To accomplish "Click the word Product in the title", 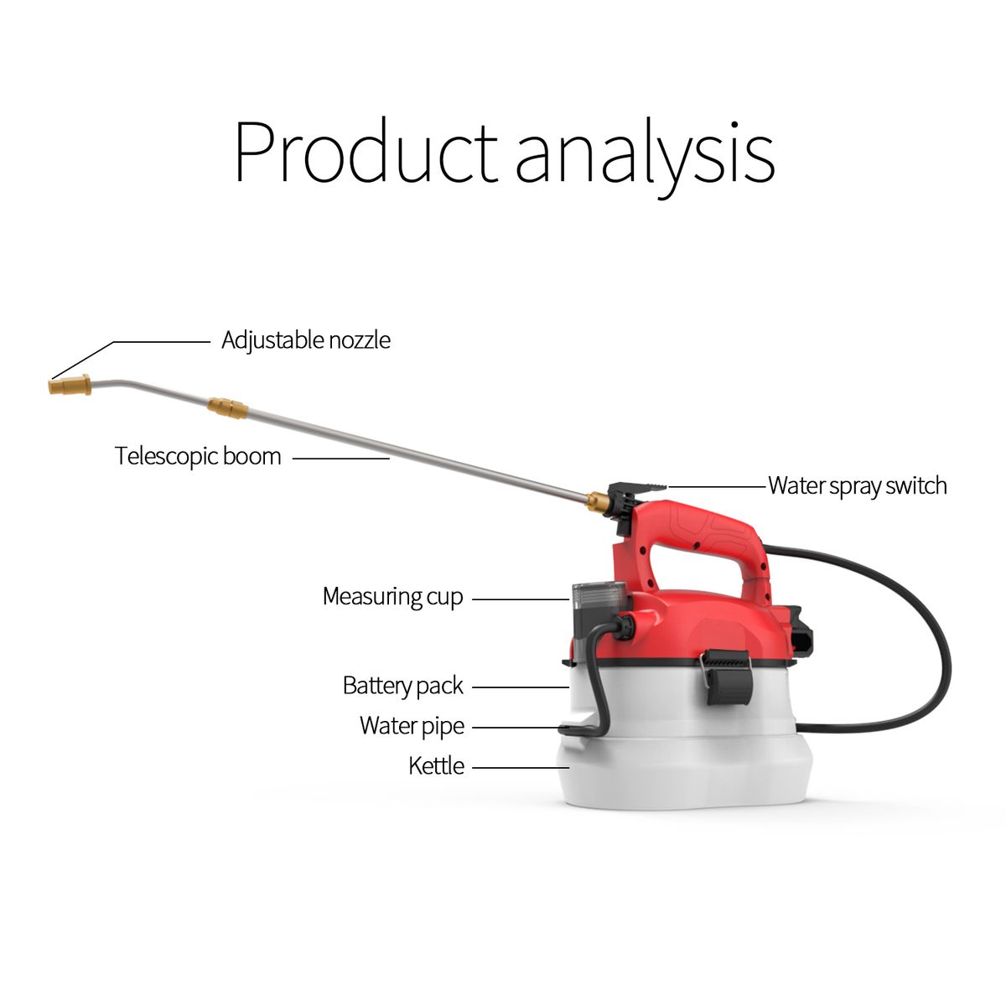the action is point(366,151).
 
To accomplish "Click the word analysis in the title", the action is point(646,158).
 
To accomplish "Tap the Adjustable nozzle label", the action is point(306,341).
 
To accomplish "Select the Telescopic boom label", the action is point(198,456).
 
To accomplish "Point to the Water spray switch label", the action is point(858,485).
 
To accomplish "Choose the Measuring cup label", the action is point(392,597).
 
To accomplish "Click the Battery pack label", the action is point(402,686).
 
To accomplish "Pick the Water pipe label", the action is point(412,726).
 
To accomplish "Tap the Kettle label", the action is point(436,766).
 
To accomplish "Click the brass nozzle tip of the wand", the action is point(70,386).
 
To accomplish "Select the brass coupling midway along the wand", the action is point(226,407).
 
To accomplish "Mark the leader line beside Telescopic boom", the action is point(341,459).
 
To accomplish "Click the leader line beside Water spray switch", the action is point(717,486).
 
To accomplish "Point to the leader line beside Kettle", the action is point(521,767).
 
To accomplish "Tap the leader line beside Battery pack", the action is point(521,687).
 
